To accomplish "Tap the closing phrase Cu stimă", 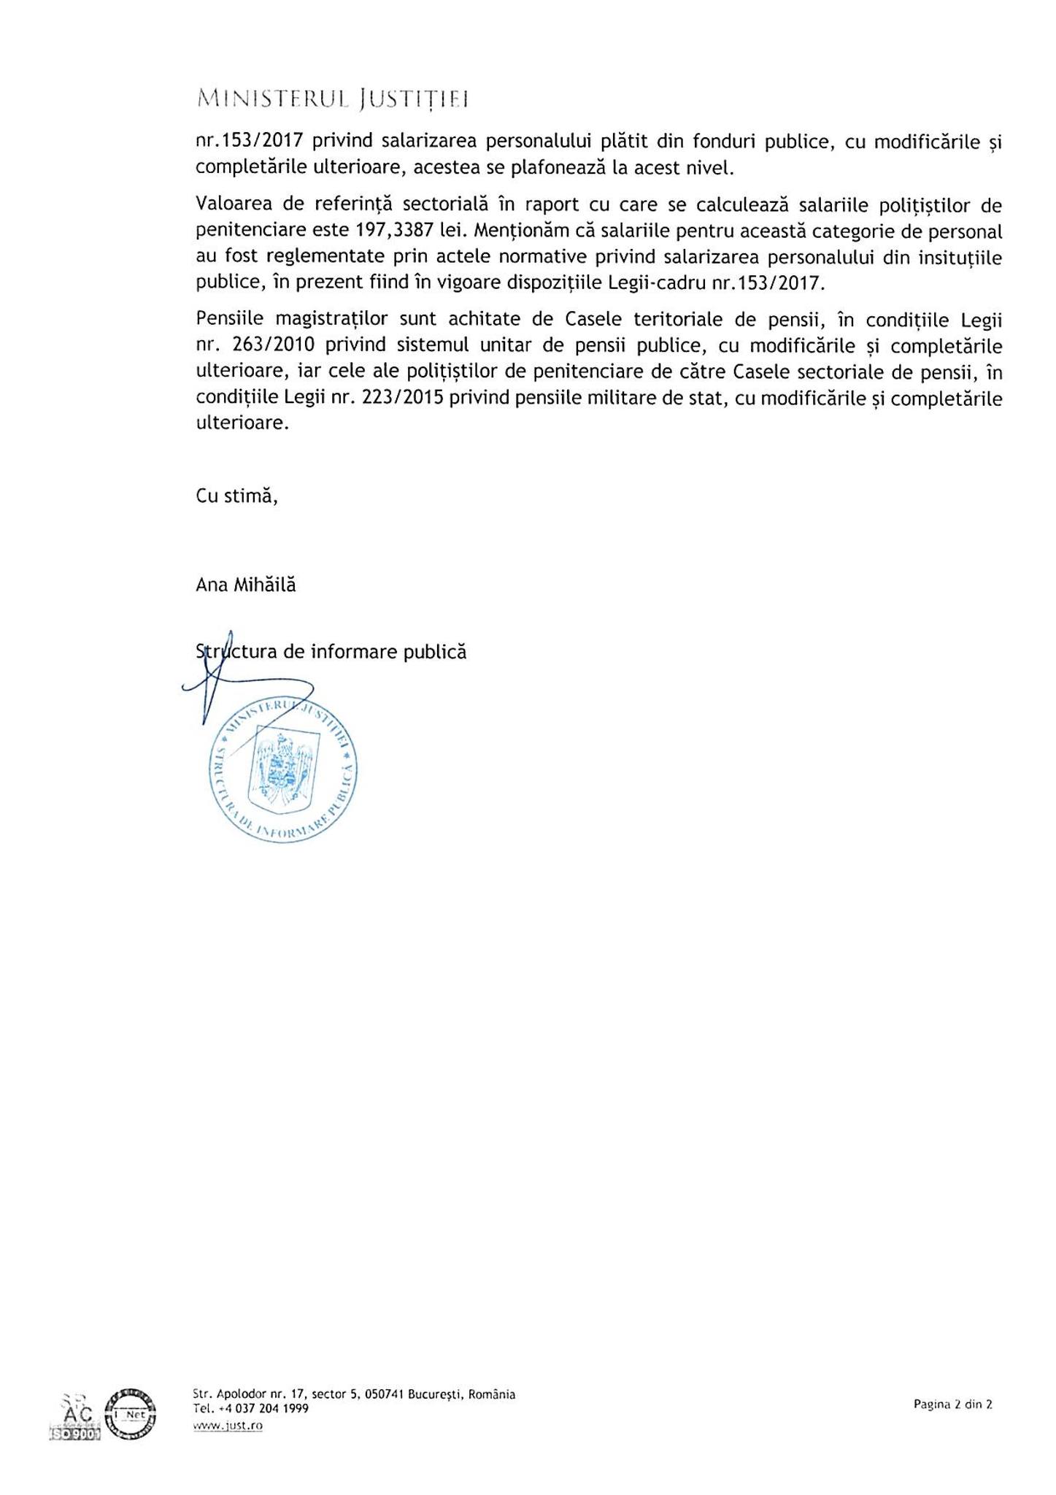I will click(x=236, y=496).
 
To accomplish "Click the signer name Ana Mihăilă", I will click(x=246, y=585).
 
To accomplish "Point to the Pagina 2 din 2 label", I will click(x=952, y=1404).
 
